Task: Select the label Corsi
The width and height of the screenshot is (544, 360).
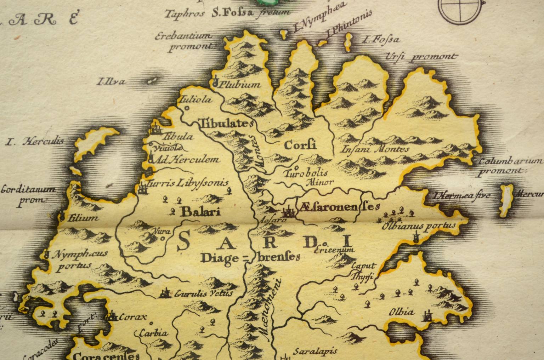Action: [x=300, y=145]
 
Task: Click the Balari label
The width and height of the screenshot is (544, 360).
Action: [x=200, y=212]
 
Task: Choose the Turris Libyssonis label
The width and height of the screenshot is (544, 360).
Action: [x=188, y=184]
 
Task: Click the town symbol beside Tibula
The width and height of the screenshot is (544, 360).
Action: [x=155, y=128]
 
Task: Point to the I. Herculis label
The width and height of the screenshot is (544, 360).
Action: [x=35, y=142]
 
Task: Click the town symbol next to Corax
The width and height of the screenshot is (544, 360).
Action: [x=112, y=315]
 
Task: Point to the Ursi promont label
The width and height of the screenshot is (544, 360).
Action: [x=420, y=57]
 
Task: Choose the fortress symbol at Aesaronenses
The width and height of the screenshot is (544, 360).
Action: [x=288, y=212]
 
